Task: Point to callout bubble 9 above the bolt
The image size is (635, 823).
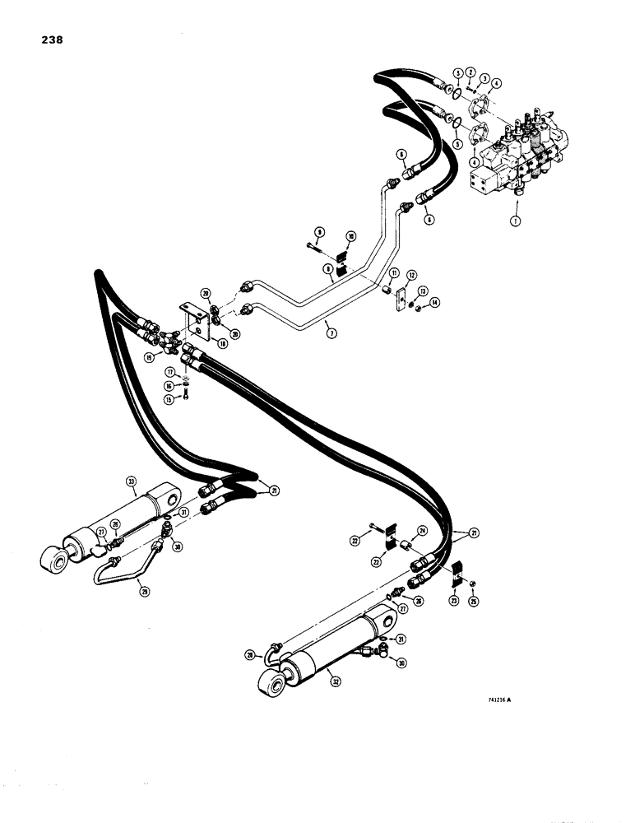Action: click(x=317, y=231)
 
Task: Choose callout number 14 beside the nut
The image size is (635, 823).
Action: click(x=434, y=303)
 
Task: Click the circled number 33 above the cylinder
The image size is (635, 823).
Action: click(x=131, y=481)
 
